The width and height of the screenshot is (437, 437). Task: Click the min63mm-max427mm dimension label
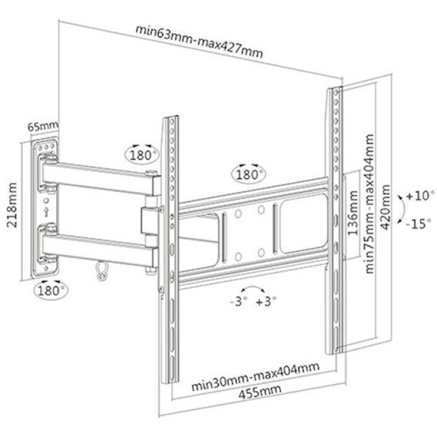point(199,41)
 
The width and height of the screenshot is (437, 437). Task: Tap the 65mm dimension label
point(43,126)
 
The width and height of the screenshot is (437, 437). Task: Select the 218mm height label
point(12,205)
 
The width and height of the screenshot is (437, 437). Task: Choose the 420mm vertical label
point(386,207)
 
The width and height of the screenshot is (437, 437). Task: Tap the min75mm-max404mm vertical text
point(370,204)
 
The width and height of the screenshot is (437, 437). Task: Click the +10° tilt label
point(420,195)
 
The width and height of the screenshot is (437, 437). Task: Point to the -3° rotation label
point(238,302)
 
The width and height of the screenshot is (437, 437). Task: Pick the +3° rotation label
point(266,302)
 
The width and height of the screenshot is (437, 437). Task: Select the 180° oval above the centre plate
point(248,175)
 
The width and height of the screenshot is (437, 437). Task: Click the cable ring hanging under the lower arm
point(101,270)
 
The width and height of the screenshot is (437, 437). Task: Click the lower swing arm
point(100,248)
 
